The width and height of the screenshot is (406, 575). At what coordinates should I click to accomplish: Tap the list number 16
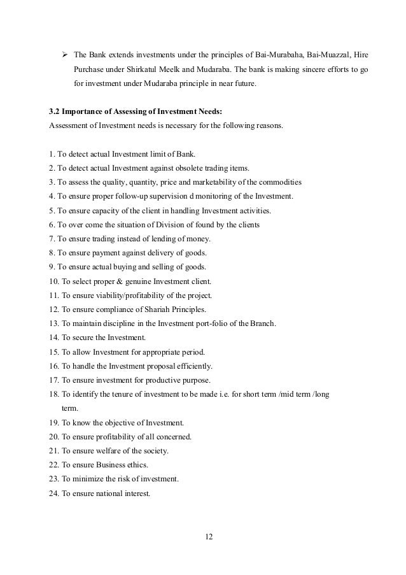coord(53,366)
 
